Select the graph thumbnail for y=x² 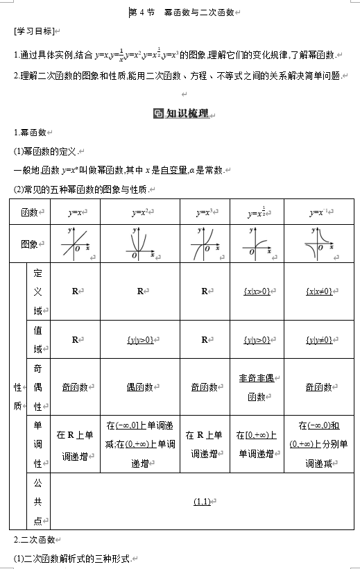click(139, 244)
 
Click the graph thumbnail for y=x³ click(205, 244)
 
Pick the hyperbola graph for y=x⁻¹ click(319, 244)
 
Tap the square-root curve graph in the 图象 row click(257, 244)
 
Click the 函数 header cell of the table click(31, 212)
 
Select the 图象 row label click(31, 244)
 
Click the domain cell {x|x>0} click(257, 291)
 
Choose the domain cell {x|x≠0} click(319, 291)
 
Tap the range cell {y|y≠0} click(319, 340)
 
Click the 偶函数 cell click(139, 387)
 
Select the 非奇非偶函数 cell click(257, 387)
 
